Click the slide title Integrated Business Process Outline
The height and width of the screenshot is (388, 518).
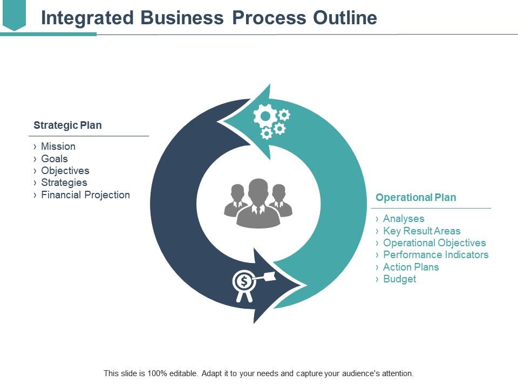[209, 18]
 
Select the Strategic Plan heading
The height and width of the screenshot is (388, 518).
[67, 126]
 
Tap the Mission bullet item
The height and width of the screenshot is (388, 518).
[58, 147]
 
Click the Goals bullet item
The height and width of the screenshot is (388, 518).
[54, 158]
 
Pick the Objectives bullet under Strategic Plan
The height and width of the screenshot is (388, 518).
[65, 171]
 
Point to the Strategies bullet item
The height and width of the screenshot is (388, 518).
[64, 183]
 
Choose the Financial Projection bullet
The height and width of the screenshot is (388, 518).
[85, 195]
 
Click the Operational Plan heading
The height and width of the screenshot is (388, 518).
[415, 198]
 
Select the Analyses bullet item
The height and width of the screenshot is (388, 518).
[404, 219]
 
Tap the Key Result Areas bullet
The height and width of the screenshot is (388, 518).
[421, 231]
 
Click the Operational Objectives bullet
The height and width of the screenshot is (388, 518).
[434, 243]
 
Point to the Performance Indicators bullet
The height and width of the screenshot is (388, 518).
[435, 255]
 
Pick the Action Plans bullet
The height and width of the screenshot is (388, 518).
[411, 267]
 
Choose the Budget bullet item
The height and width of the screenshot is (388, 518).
[399, 279]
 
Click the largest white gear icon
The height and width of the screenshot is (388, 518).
[264, 115]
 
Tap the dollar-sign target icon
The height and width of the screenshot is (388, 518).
[244, 281]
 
